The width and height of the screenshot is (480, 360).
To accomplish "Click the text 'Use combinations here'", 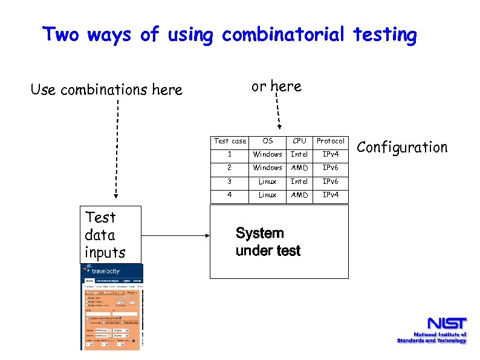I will (106, 90).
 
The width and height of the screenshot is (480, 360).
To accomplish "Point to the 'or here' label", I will (276, 87).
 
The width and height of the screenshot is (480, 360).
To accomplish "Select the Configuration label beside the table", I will (402, 147).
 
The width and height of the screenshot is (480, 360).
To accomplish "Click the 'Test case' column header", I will (230, 141).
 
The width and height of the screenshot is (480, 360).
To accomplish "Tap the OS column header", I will (268, 141).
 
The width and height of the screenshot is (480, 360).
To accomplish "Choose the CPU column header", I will (300, 141).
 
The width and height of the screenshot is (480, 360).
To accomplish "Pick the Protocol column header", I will (331, 141).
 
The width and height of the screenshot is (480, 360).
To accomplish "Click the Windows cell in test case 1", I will (267, 154).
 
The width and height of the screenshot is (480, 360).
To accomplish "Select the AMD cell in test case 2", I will (300, 168).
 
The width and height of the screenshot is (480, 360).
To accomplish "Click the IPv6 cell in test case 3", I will (331, 182).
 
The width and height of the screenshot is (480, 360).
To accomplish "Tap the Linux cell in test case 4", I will (267, 195).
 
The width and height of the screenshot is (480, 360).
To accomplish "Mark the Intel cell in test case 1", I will (300, 154).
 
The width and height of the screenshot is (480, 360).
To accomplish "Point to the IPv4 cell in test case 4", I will (331, 195).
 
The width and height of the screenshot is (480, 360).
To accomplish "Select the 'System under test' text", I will (268, 242).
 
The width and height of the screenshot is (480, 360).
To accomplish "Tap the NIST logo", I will (432, 330).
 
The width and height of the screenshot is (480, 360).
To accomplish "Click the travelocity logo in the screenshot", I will (103, 271).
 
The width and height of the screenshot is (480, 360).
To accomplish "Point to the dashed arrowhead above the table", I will (279, 127).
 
